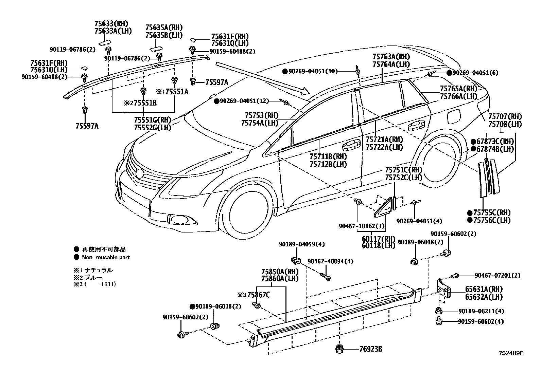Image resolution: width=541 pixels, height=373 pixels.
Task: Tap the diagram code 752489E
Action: (x=511, y=353)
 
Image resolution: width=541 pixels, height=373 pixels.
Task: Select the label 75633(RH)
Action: (x=111, y=24)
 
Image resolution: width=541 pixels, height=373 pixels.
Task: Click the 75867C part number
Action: (x=258, y=295)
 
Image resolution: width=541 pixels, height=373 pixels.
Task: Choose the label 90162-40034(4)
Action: (x=330, y=261)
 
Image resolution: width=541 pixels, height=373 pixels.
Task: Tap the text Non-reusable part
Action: (x=106, y=257)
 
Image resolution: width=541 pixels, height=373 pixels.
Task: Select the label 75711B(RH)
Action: (x=328, y=157)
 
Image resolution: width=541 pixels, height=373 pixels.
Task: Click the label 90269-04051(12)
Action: (x=244, y=101)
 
